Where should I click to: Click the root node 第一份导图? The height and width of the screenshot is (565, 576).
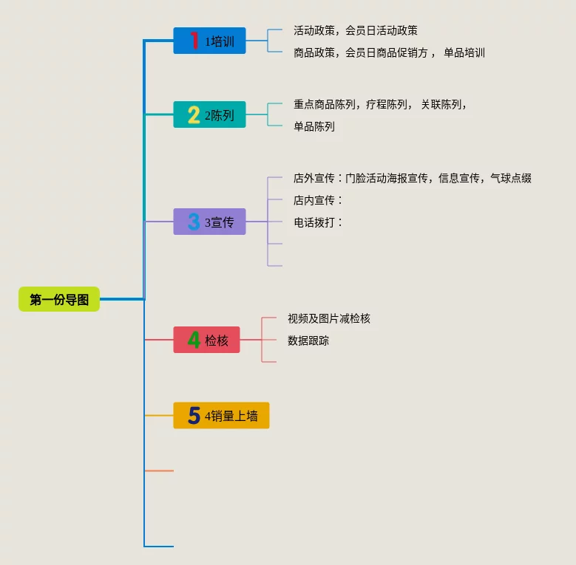(59, 299)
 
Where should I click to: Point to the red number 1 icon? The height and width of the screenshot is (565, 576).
(194, 40)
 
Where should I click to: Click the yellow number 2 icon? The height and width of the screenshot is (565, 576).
(194, 114)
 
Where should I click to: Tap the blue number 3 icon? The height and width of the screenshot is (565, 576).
(194, 222)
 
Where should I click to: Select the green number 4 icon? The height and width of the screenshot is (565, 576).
(194, 340)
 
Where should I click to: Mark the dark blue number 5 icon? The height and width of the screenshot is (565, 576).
(194, 416)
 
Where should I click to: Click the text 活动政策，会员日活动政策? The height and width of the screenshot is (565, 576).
(355, 30)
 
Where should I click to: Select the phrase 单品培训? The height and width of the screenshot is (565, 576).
(464, 52)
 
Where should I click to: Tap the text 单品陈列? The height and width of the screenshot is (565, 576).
(314, 126)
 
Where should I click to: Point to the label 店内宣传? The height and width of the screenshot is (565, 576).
(314, 200)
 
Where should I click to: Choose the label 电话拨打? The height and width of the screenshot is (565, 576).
(314, 222)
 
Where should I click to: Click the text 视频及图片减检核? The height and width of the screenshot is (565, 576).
(328, 318)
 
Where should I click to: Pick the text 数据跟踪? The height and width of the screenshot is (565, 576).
(308, 340)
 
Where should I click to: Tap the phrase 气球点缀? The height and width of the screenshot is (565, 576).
(510, 178)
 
